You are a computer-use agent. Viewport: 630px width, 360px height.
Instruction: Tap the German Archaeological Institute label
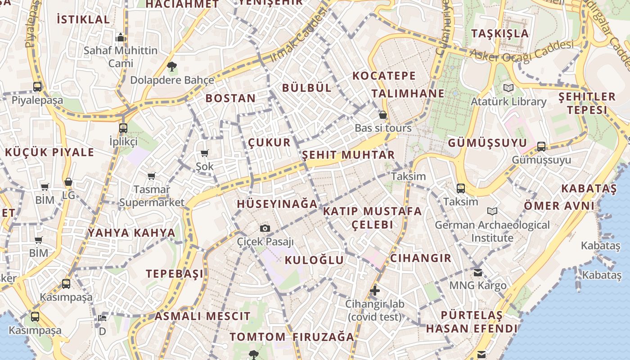(x=492, y=231)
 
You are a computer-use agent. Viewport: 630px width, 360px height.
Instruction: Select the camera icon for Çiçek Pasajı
(x=265, y=228)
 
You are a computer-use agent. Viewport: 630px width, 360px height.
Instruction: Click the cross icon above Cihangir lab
(x=374, y=291)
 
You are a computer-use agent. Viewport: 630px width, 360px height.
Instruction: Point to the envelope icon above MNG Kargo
(x=478, y=272)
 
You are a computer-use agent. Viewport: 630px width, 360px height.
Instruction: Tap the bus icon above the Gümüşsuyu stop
(x=541, y=147)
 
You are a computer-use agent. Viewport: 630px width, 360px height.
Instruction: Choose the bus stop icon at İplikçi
(x=123, y=128)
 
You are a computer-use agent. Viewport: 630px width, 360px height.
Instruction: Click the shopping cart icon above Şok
(x=205, y=153)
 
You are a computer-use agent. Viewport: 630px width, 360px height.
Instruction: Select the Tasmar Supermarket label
(x=152, y=196)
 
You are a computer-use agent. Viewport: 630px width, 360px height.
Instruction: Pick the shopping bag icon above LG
(x=68, y=182)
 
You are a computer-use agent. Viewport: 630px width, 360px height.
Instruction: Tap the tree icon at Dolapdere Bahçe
(x=171, y=67)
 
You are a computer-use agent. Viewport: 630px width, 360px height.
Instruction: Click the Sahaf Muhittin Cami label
(x=121, y=57)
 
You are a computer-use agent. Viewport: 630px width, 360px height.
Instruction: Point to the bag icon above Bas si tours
(x=383, y=115)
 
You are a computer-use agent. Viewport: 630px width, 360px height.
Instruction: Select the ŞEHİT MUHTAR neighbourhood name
(x=348, y=155)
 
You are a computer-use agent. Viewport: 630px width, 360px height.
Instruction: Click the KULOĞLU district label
(x=314, y=260)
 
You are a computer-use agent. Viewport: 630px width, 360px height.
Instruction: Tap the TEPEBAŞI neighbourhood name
(x=175, y=274)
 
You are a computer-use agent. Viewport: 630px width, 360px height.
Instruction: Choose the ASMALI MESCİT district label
(x=202, y=316)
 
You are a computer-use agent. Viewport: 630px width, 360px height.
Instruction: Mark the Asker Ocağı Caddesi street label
(x=522, y=51)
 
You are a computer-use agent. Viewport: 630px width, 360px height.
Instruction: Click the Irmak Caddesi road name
(x=298, y=37)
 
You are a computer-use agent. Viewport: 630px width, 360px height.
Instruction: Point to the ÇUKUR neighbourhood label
(x=269, y=143)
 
